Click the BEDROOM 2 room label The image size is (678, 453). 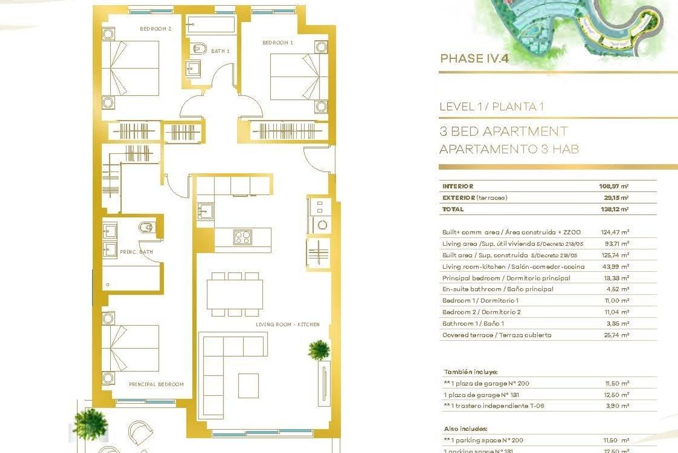click(156, 28)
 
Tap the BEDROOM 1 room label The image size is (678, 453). click(278, 42)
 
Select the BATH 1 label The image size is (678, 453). click(221, 52)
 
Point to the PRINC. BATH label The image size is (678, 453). click(136, 252)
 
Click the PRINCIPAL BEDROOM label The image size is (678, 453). click(156, 384)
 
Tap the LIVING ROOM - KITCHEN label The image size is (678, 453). click(287, 324)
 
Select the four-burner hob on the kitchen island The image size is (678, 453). click(243, 236)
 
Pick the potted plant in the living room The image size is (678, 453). click(319, 349)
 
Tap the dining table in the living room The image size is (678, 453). click(234, 294)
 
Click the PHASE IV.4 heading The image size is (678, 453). click(470, 58)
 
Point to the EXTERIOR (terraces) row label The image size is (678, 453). click(474, 198)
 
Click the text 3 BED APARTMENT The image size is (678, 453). click(503, 132)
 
